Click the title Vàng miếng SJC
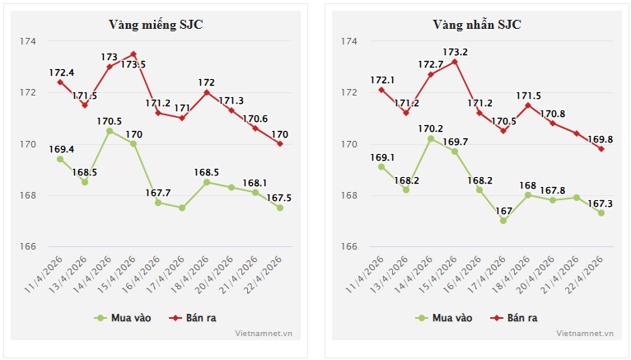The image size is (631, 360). tap(156, 25)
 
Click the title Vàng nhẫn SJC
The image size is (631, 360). tap(477, 25)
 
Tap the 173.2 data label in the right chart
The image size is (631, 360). tap(454, 52)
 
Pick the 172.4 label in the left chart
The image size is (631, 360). tap(62, 72)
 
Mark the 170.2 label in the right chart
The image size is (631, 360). tap(431, 129)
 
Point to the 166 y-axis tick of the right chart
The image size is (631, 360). tap(348, 247)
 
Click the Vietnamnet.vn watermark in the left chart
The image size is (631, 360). tap(264, 333)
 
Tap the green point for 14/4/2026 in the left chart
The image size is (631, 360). tap(110, 131)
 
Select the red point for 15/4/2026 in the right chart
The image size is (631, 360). tap(455, 62)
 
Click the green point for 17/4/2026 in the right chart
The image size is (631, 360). tap(503, 221)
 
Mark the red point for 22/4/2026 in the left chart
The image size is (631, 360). tap(280, 144)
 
